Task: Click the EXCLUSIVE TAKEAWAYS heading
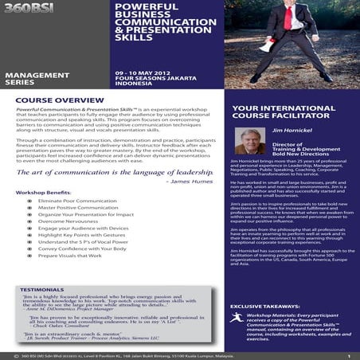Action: pos(269,305)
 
